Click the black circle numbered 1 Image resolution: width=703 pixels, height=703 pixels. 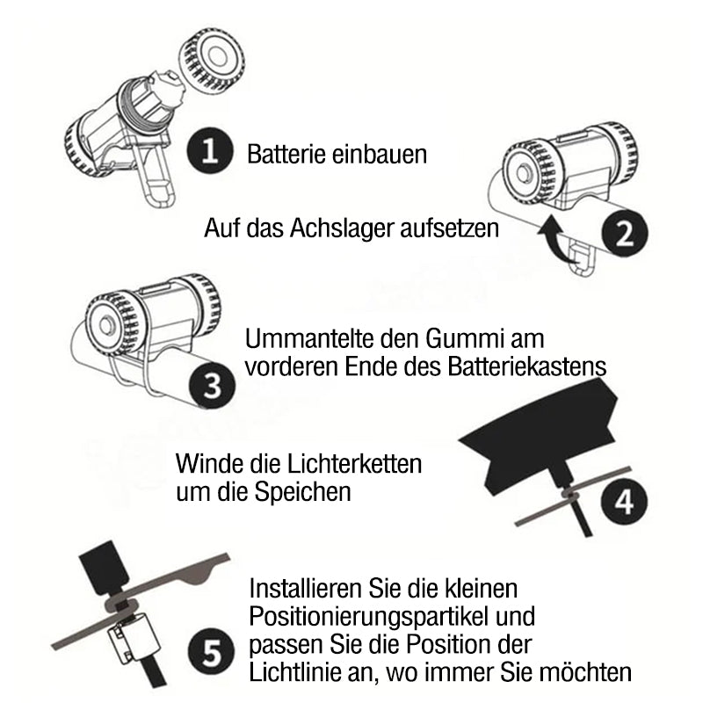click(210, 150)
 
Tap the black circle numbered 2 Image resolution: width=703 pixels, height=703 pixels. click(625, 233)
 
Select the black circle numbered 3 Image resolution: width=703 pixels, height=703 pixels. click(212, 386)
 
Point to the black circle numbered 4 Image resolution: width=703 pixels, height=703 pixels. click(624, 501)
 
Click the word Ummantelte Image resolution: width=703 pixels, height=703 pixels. click(309, 338)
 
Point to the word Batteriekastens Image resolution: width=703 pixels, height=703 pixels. click(526, 366)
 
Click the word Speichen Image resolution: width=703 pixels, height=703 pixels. click(302, 492)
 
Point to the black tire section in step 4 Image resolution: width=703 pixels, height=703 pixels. click(538, 432)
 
